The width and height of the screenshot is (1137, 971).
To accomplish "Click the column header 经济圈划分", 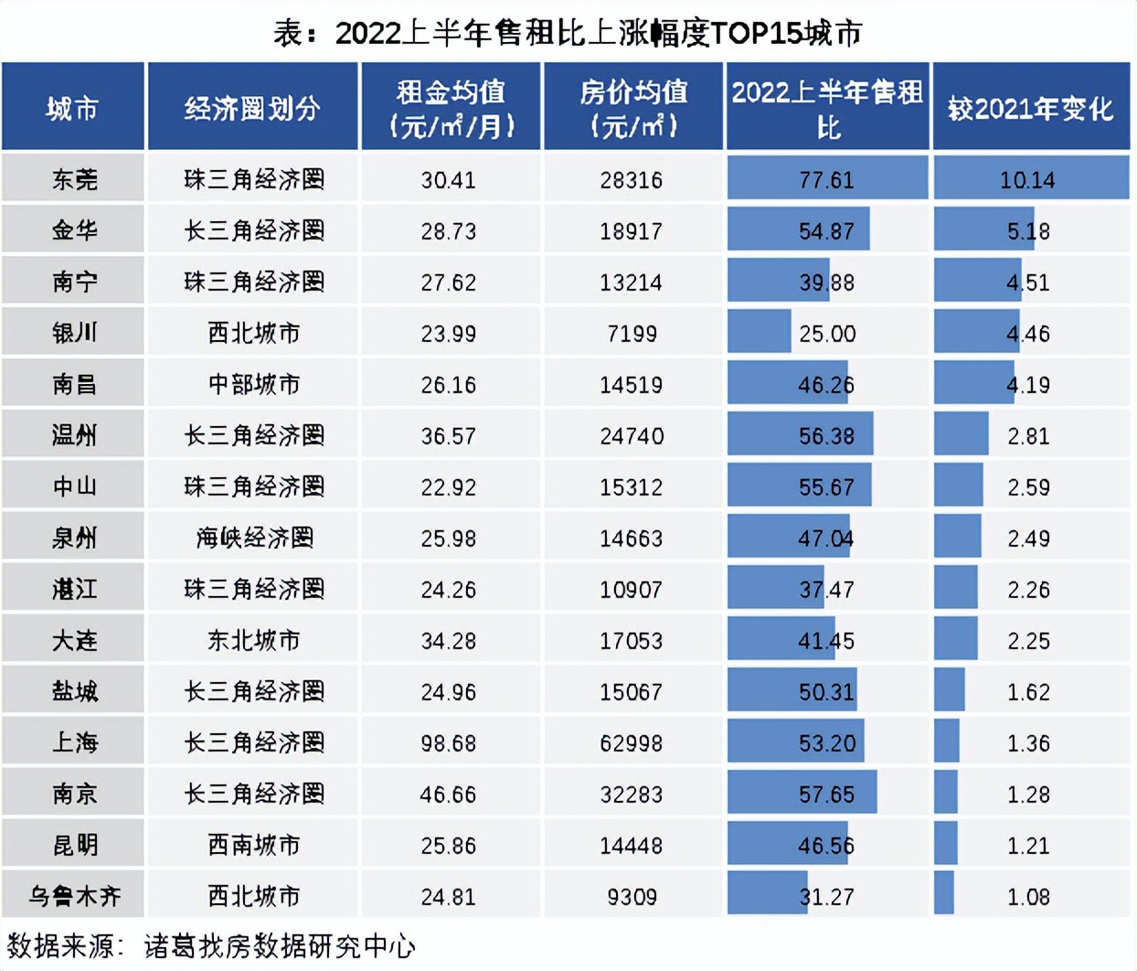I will click(x=252, y=109).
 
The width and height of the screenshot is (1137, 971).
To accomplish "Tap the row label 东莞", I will click(x=74, y=179).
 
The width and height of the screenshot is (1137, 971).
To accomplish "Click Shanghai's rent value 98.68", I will click(x=448, y=743).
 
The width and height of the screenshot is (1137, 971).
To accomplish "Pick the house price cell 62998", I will click(x=632, y=743).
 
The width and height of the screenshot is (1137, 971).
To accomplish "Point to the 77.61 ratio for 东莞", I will click(x=826, y=180).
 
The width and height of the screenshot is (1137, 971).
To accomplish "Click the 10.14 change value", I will click(x=1027, y=180).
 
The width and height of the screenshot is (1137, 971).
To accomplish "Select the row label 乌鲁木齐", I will click(x=74, y=896).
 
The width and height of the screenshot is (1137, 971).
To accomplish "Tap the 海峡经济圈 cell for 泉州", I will click(x=254, y=538).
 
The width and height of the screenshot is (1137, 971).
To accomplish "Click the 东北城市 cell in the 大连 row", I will click(x=254, y=640).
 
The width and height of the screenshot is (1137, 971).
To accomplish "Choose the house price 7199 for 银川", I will click(x=632, y=334).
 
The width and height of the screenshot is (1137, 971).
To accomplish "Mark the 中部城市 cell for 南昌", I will click(x=254, y=384).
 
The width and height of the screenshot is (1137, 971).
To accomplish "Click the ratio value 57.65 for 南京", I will click(x=826, y=795).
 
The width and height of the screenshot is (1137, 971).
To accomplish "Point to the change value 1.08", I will click(x=1028, y=897).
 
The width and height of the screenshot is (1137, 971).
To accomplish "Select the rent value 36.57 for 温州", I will click(x=448, y=436).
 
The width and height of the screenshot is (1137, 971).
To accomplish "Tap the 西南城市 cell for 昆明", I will click(x=254, y=845).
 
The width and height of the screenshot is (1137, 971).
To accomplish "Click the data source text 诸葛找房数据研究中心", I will click(x=280, y=946).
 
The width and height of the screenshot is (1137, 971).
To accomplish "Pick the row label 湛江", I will click(x=74, y=589).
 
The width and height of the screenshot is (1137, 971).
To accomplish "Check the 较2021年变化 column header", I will click(x=1030, y=109).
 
